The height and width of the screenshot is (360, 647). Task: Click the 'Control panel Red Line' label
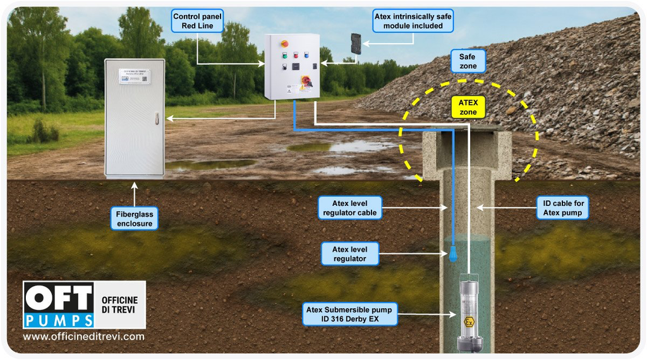click(x=197, y=21)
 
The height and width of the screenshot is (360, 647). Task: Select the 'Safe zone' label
click(x=468, y=61)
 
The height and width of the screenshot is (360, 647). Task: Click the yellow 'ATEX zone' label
click(x=468, y=107)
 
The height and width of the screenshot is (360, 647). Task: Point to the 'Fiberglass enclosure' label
click(x=134, y=219)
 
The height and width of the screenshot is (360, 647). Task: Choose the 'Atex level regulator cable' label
click(x=349, y=208)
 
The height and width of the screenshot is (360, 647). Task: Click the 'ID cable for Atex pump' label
click(x=564, y=208)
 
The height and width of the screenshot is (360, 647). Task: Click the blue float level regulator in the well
click(x=452, y=256)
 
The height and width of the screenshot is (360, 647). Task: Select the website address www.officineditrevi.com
click(x=83, y=337)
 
